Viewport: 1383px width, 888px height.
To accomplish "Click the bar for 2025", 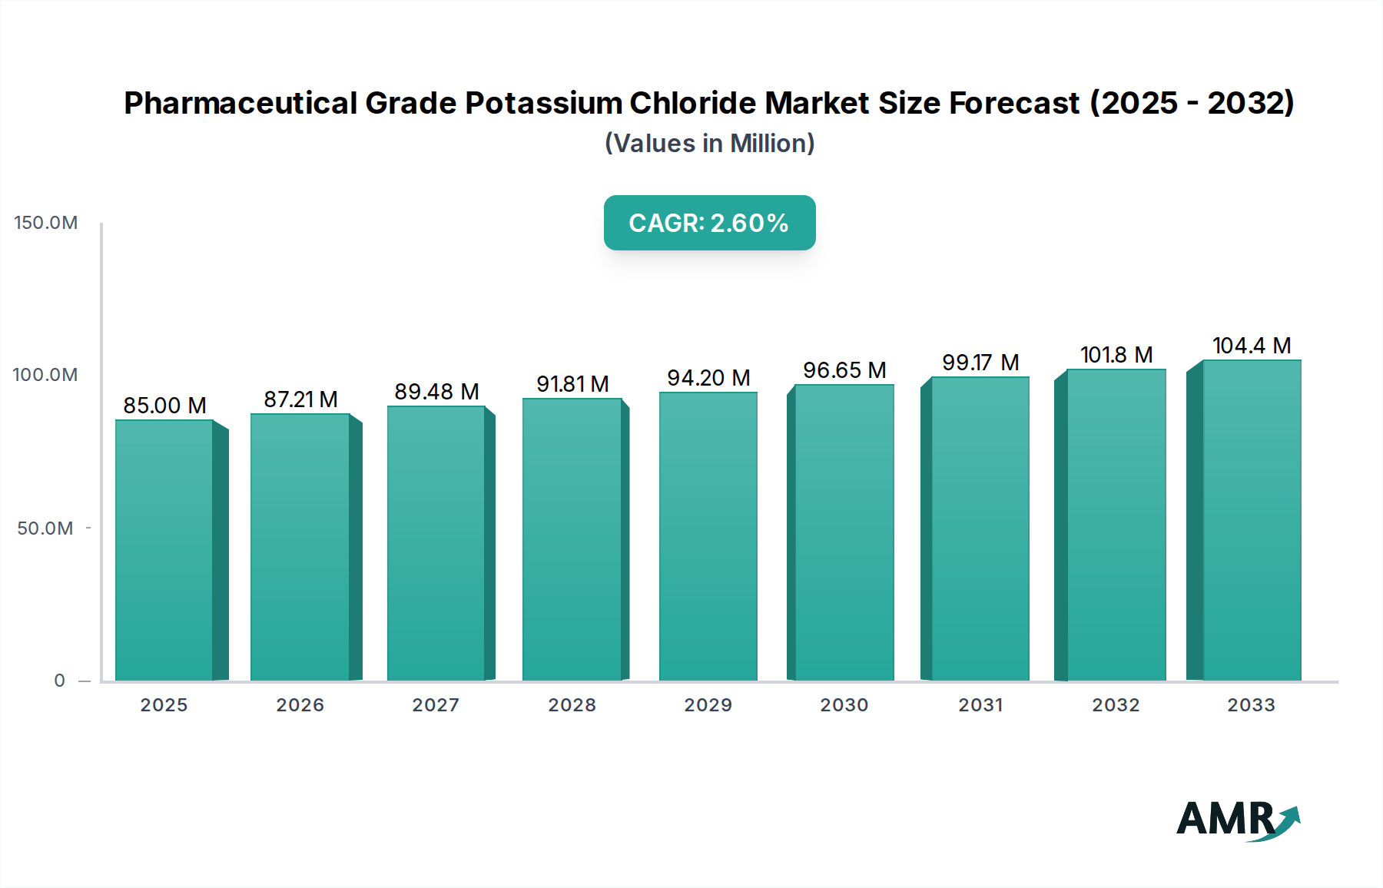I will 164,549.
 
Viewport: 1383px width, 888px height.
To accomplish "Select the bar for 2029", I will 708,536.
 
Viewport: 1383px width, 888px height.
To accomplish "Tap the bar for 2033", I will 1251,520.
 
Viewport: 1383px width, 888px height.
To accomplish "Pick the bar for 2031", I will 980,528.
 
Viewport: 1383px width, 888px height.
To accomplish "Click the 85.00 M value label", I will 164,406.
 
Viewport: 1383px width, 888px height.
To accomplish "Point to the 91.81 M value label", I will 572,384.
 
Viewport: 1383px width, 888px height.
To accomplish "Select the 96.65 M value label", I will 844,370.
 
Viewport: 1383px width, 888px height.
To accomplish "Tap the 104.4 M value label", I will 1251,346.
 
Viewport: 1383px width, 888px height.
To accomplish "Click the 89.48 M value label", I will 436,392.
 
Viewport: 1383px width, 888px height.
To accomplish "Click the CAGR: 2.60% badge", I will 709,223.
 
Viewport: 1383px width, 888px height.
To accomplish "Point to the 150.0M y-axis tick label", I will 46,223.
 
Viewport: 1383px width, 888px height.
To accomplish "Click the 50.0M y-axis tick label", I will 45,528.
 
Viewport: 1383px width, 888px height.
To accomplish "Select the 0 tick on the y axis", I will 60,681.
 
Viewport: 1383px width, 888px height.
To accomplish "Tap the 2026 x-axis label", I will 300,705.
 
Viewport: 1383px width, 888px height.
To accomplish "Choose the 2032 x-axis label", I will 1116,705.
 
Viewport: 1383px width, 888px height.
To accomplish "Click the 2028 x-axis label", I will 572,705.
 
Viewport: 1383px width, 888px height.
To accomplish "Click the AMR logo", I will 1237,820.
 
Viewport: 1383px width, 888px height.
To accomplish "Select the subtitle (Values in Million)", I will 709,144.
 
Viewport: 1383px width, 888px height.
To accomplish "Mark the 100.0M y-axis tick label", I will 45,375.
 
